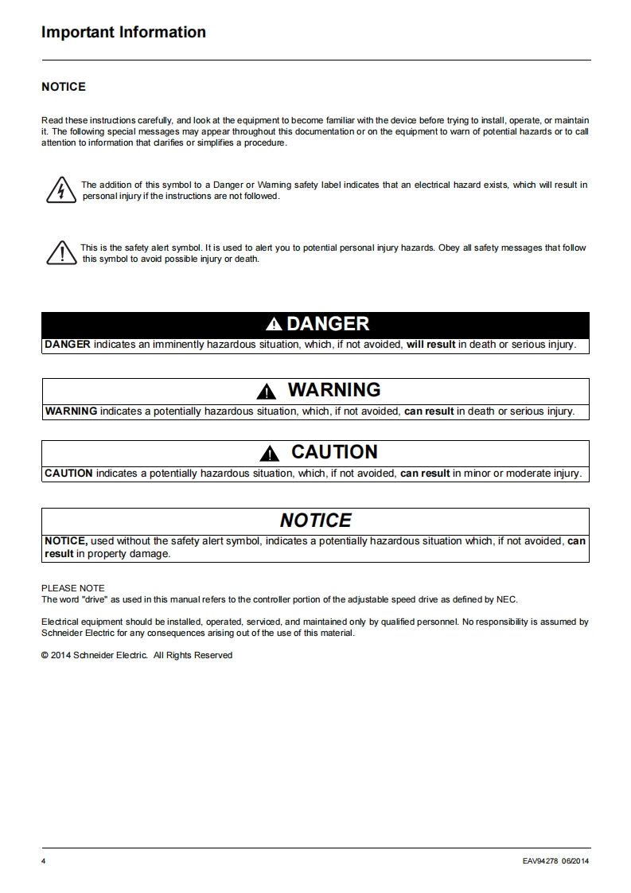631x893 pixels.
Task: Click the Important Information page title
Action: click(123, 33)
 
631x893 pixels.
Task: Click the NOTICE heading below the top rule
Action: click(64, 87)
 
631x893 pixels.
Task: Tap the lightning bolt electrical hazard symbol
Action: click(60, 191)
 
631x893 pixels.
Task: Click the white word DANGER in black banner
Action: click(328, 324)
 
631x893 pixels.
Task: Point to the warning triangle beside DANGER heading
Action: click(274, 325)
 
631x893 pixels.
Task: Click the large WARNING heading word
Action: click(334, 390)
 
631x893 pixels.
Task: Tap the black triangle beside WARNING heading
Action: click(267, 392)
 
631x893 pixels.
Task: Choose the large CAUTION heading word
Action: click(334, 452)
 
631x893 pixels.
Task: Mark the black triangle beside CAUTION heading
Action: click(271, 454)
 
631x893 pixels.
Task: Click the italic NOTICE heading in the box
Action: click(315, 521)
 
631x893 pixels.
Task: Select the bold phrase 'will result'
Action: click(430, 345)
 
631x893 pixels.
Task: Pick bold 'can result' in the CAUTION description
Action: click(425, 474)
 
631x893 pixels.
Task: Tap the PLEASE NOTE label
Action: click(72, 589)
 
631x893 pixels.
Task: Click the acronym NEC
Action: click(507, 599)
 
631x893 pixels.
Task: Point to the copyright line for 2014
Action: click(137, 655)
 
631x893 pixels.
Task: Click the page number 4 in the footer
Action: click(43, 861)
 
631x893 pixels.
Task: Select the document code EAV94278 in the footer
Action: click(540, 861)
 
